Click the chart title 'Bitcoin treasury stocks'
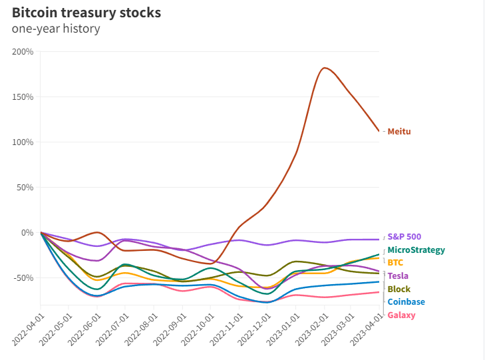(x=86, y=13)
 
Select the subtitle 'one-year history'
(x=56, y=29)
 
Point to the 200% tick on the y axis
(x=23, y=52)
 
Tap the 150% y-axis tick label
(x=23, y=97)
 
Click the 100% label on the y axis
(x=23, y=142)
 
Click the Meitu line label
(x=399, y=132)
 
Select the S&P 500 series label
(x=404, y=237)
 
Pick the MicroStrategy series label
(x=416, y=250)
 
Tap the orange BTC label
(x=395, y=263)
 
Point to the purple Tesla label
(x=398, y=276)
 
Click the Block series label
(x=399, y=289)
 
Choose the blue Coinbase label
(x=406, y=302)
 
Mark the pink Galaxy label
(x=401, y=315)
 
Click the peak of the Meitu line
(x=324, y=68)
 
